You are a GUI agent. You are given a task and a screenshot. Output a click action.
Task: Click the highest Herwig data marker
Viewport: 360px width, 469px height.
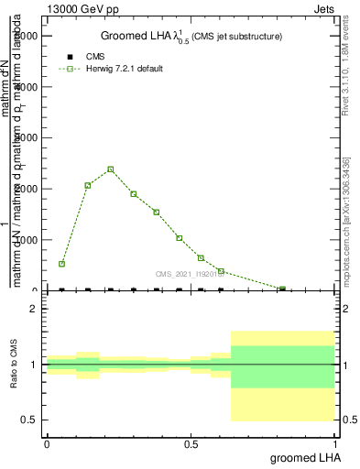click(111, 169)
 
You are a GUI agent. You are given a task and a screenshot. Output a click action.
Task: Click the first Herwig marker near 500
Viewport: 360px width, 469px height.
click(62, 264)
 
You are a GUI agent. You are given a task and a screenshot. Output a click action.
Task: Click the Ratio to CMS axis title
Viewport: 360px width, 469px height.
click(15, 365)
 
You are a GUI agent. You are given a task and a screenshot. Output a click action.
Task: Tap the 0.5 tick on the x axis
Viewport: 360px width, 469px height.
click(191, 444)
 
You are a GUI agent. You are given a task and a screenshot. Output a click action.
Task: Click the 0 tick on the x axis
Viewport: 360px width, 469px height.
click(47, 444)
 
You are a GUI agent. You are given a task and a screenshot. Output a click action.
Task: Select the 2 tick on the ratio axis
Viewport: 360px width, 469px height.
click(33, 309)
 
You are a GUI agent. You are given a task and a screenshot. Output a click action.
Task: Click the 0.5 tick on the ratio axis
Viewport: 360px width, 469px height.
click(28, 420)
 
